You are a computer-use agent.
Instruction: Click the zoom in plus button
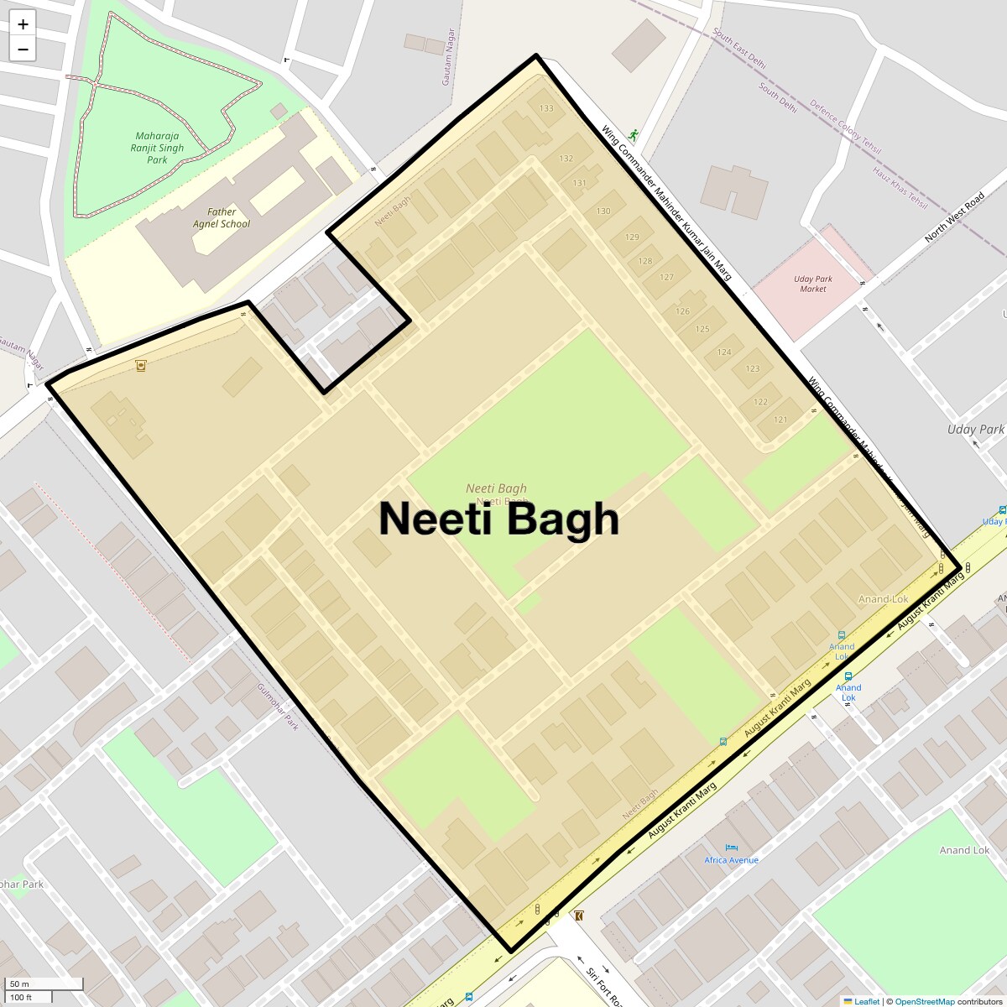coord(23,24)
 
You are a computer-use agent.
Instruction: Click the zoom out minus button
coord(23,50)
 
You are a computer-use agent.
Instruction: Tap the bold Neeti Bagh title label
coord(498,519)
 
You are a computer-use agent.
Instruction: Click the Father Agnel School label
coord(222,218)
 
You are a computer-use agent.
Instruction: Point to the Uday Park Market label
coord(812,284)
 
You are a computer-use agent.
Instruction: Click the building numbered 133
coord(546,108)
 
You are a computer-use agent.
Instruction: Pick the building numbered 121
coord(780,420)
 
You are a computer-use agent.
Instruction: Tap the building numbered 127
coord(666,277)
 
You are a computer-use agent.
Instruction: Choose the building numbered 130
coord(603,211)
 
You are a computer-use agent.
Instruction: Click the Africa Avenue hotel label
coord(731,859)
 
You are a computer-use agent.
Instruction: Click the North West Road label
coord(954,218)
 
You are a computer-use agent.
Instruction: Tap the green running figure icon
coord(634,134)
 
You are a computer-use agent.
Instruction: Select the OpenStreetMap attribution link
coord(924,1001)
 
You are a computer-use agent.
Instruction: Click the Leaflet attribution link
coord(867,1001)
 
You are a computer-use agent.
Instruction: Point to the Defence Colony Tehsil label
coord(845,127)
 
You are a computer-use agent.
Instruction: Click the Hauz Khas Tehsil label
coord(900,188)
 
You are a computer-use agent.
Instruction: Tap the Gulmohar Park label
coord(279,706)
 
